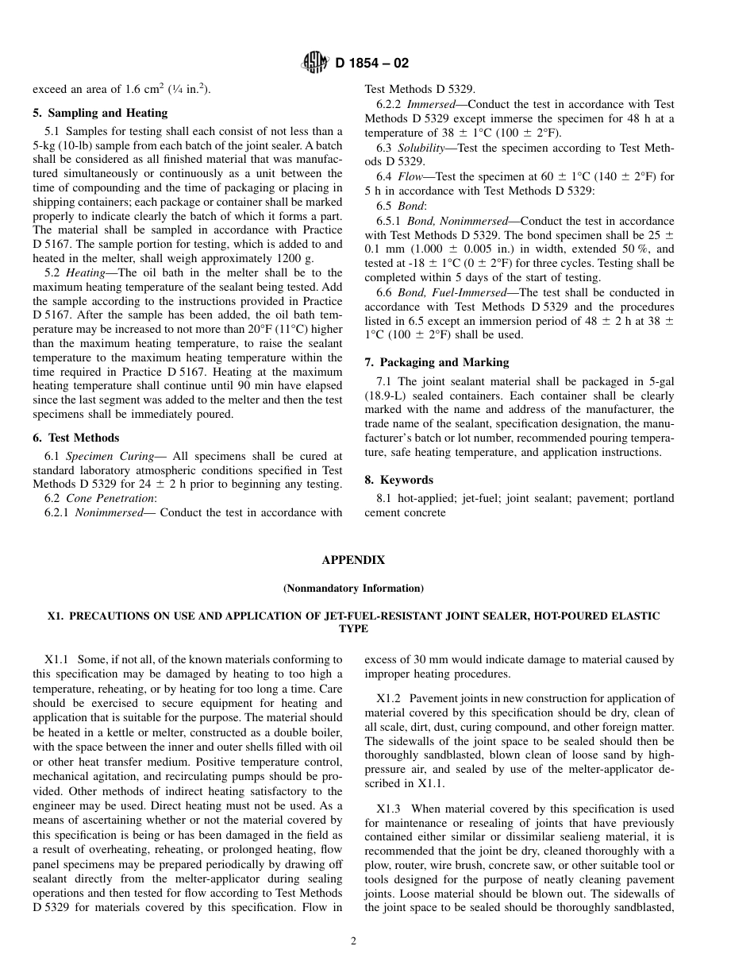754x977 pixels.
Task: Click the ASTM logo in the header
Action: point(316,64)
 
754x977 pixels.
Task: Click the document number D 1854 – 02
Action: point(371,64)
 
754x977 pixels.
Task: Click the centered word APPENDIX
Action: point(353,560)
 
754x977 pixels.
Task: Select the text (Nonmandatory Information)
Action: point(353,589)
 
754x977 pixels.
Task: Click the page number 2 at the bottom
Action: point(354,942)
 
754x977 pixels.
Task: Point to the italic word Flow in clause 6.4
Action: point(410,176)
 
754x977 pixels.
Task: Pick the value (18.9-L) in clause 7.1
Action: point(389,396)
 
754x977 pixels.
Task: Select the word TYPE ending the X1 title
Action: point(353,628)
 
